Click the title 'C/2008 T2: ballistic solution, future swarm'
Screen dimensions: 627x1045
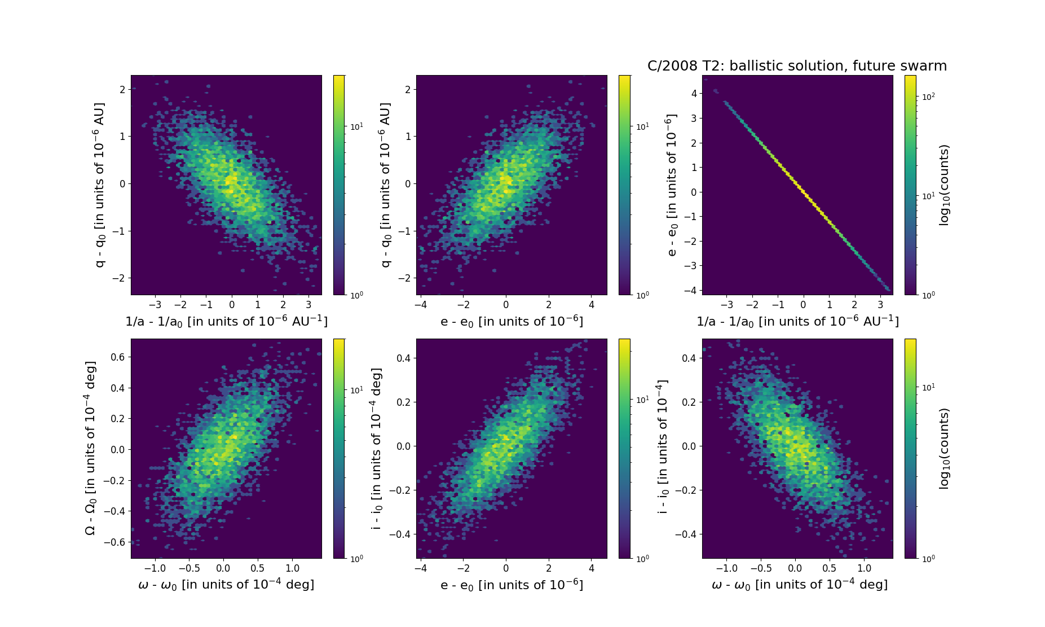(797, 66)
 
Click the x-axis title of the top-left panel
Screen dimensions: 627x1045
(226, 321)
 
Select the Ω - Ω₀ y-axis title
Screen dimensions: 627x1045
(90, 448)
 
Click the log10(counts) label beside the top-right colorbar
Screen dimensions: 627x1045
(944, 185)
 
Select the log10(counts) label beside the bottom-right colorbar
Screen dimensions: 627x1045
(944, 449)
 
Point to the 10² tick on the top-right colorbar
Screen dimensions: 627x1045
(928, 97)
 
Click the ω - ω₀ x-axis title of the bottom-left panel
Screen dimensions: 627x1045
(226, 585)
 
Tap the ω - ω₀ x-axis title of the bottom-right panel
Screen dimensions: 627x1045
(799, 585)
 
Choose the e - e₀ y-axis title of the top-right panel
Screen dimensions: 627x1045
(671, 185)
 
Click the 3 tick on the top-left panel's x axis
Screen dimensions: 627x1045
(308, 305)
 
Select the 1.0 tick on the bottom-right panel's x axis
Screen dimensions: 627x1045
(864, 568)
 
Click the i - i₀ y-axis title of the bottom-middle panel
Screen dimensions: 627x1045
(377, 449)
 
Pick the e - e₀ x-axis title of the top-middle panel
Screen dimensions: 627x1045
(512, 321)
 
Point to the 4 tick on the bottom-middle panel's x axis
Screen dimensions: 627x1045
(592, 568)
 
